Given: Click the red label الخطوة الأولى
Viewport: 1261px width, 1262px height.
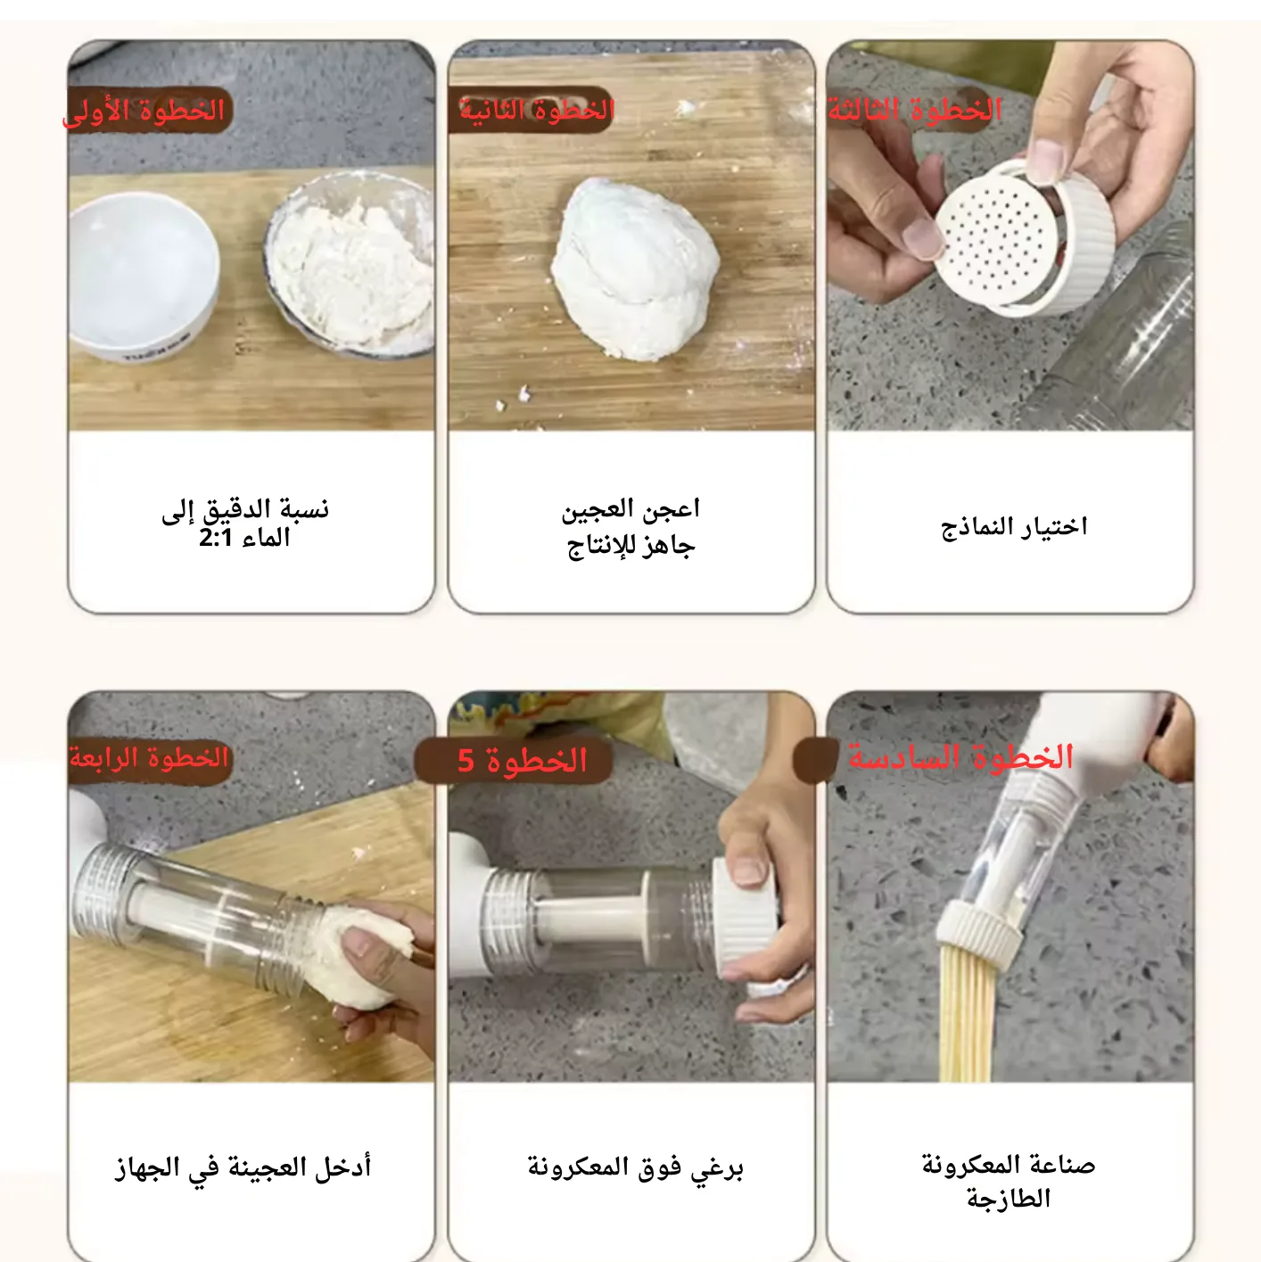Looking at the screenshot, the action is click(x=144, y=111).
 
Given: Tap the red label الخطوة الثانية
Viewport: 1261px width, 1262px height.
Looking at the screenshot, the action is click(x=537, y=110).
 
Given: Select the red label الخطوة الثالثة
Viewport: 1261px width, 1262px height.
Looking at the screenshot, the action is click(x=915, y=110).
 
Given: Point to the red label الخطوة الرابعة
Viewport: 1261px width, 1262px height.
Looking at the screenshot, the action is click(x=149, y=758).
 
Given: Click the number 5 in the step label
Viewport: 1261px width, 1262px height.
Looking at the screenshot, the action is click(x=466, y=761).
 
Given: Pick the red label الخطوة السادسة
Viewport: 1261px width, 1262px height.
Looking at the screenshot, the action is click(x=961, y=757).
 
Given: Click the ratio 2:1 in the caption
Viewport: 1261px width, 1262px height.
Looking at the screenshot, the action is click(x=216, y=539).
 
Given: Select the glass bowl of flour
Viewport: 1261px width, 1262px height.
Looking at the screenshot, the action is click(x=350, y=263).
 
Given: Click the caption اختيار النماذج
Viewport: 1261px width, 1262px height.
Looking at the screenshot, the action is click(x=1014, y=526).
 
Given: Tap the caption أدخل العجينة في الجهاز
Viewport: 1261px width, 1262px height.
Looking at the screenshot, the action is click(x=243, y=1167).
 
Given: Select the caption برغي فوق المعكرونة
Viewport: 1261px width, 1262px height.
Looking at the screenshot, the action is click(x=636, y=1167).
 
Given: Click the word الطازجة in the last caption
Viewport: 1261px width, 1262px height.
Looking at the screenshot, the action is click(x=1009, y=1199).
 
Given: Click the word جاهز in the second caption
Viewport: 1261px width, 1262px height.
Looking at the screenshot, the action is click(x=668, y=546).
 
